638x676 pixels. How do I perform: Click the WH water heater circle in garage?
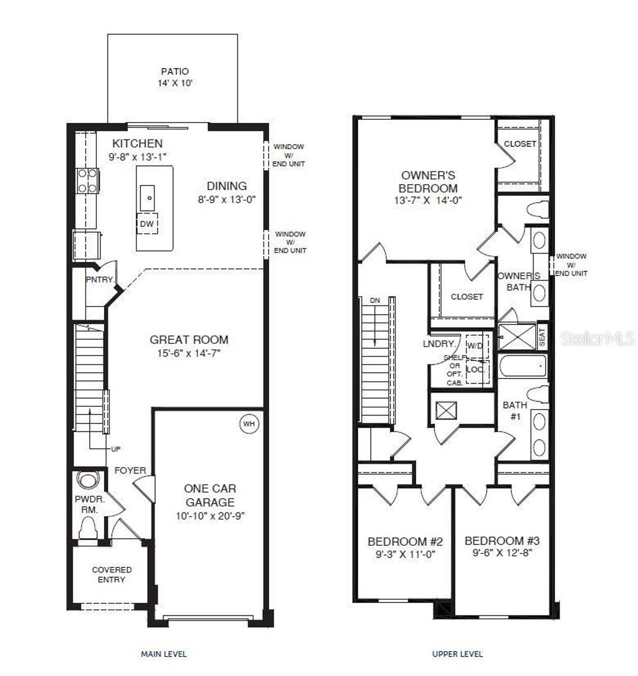tap(249, 424)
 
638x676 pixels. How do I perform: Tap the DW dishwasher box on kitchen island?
tap(148, 223)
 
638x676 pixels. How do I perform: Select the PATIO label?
tap(174, 72)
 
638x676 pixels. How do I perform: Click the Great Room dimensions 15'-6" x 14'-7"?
tap(189, 353)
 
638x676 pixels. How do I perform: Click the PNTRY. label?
tap(99, 280)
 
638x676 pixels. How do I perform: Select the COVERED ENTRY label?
tap(112, 574)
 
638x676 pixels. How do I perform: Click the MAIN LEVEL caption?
tap(163, 654)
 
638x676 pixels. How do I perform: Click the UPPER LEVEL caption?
tap(457, 654)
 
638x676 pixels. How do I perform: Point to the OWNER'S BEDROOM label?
tap(429, 182)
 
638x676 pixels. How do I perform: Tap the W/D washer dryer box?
tap(475, 345)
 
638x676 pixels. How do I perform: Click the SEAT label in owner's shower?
tap(541, 337)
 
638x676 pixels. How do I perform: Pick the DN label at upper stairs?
tap(374, 301)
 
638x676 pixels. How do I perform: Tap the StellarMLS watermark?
tap(596, 339)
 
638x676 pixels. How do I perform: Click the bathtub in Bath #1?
tap(522, 367)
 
